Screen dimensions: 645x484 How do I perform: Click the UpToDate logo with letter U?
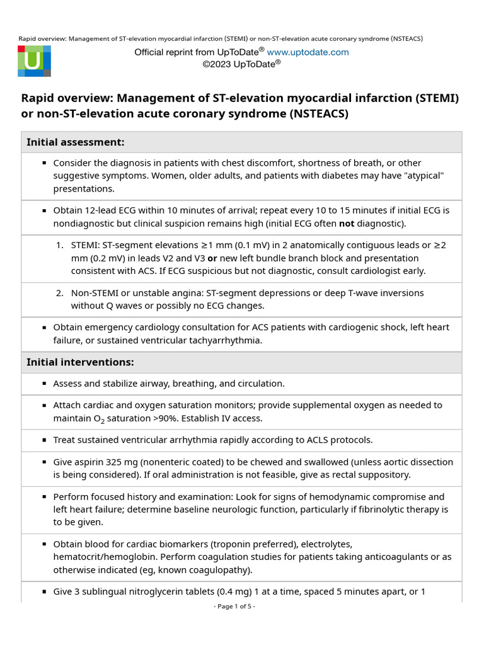(x=34, y=61)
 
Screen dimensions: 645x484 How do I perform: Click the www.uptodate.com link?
(x=308, y=52)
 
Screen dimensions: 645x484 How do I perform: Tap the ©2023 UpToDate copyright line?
(x=241, y=64)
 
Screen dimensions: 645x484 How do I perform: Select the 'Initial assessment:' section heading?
(x=75, y=142)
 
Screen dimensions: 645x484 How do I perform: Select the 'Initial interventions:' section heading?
(x=80, y=362)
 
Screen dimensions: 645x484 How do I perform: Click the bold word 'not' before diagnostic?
(x=346, y=223)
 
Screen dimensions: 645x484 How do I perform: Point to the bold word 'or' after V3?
(x=212, y=258)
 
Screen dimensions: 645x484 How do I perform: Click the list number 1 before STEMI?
(x=60, y=245)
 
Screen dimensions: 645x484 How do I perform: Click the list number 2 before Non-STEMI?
(x=60, y=292)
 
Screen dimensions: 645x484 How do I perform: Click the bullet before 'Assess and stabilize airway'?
(x=44, y=383)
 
